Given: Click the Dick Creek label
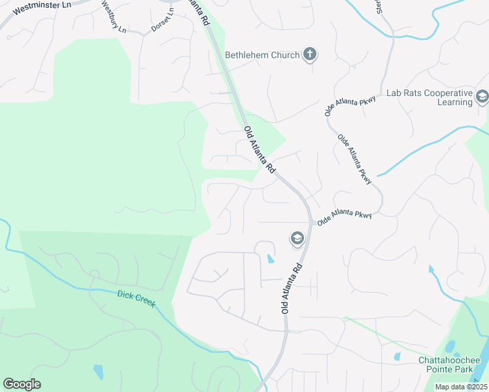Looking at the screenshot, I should pyautogui.click(x=136, y=299).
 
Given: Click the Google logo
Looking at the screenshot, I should pyautogui.click(x=22, y=384).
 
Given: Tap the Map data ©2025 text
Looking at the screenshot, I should pyautogui.click(x=460, y=387).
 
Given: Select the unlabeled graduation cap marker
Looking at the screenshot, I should pyautogui.click(x=297, y=239).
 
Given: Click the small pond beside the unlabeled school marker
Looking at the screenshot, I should pyautogui.click(x=271, y=259).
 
